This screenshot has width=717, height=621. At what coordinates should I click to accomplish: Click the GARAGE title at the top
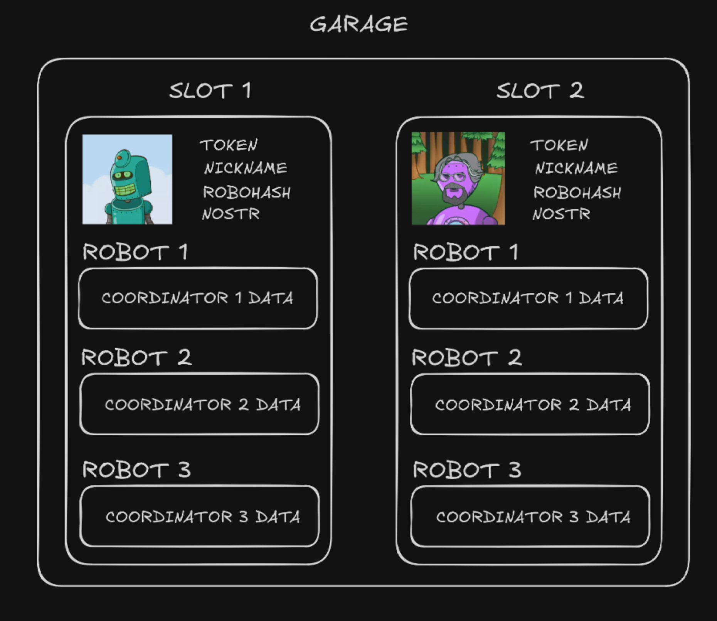coord(358,24)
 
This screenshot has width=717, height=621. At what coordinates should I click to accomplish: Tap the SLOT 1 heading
coord(210,91)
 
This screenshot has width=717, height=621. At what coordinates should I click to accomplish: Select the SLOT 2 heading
coord(540,91)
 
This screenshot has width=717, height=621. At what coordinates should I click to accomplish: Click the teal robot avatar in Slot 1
coord(127,179)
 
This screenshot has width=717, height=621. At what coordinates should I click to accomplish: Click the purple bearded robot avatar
coord(458,178)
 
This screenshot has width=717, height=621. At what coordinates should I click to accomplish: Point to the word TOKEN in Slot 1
coord(229,145)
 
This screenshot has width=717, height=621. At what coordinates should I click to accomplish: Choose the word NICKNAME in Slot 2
coord(576,168)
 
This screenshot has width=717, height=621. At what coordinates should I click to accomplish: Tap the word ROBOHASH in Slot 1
coord(247,192)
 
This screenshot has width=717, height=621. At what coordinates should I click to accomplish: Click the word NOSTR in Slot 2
coord(561,214)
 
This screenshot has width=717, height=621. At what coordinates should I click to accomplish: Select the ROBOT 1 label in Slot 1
coord(135,252)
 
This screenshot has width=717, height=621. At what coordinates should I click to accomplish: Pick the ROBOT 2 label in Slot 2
coord(466,358)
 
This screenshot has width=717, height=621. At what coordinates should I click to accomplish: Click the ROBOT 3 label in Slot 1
coord(136,470)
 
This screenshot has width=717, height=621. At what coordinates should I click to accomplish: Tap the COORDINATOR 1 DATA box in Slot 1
coord(198,298)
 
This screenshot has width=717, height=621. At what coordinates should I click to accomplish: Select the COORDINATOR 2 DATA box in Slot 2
coord(530,404)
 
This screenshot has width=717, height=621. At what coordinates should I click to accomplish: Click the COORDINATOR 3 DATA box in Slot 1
coord(199,516)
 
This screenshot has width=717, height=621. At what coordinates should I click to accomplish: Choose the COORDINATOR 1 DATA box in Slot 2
coord(528,298)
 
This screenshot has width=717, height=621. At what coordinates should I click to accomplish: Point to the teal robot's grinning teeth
coord(125,191)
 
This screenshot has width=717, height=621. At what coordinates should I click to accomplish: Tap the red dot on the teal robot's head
coord(119,157)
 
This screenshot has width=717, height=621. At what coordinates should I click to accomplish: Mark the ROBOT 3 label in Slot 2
coord(467,470)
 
